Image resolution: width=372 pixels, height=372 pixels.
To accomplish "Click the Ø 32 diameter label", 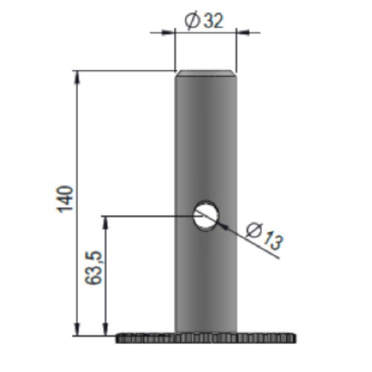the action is coord(204,20).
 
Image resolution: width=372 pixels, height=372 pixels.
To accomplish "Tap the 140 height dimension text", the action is coord(65,199).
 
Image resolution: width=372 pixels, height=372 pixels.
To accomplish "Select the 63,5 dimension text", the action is coord(94,268).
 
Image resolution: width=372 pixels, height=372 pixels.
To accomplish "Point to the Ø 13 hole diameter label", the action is coord(264,236).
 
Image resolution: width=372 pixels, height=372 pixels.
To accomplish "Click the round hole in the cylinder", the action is coord(206,216).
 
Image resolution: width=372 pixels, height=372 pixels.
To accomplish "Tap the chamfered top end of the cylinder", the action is coord(206,74).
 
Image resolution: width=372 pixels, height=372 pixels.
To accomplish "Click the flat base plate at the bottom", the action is coord(206,338).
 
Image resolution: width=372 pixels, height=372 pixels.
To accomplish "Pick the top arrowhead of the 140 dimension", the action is coord(77,77).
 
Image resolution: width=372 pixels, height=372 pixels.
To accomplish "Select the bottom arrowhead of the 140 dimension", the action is coord(77,329).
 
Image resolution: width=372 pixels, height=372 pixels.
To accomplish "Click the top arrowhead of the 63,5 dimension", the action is coord(106,222).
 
